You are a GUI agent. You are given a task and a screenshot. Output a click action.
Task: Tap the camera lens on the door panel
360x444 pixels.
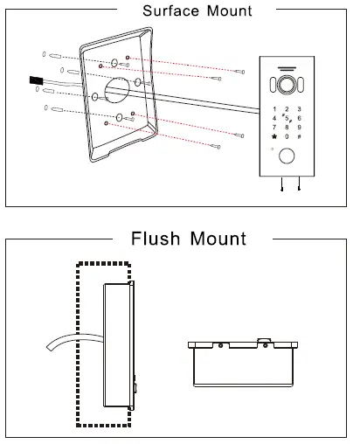pos(287,86)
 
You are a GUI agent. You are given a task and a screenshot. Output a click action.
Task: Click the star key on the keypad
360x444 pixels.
pos(274,137)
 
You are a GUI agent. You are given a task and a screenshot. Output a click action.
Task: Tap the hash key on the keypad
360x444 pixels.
pos(300,137)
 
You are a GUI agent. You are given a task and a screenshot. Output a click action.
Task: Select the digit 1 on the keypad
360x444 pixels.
pos(274,107)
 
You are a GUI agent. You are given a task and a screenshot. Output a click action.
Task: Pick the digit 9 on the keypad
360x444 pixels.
pos(300,127)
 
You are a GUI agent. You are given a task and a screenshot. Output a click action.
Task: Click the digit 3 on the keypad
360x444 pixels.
pos(300,107)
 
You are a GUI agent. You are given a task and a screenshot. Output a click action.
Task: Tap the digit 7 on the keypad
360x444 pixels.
pos(274,127)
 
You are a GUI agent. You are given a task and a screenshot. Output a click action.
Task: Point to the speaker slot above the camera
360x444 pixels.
pos(287,70)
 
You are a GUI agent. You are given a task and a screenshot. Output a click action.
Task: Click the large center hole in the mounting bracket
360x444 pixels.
pos(118,92)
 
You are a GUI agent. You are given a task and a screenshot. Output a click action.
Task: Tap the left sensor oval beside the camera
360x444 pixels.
pos(273,86)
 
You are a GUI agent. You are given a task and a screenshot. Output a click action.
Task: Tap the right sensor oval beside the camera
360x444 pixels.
pos(301,86)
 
